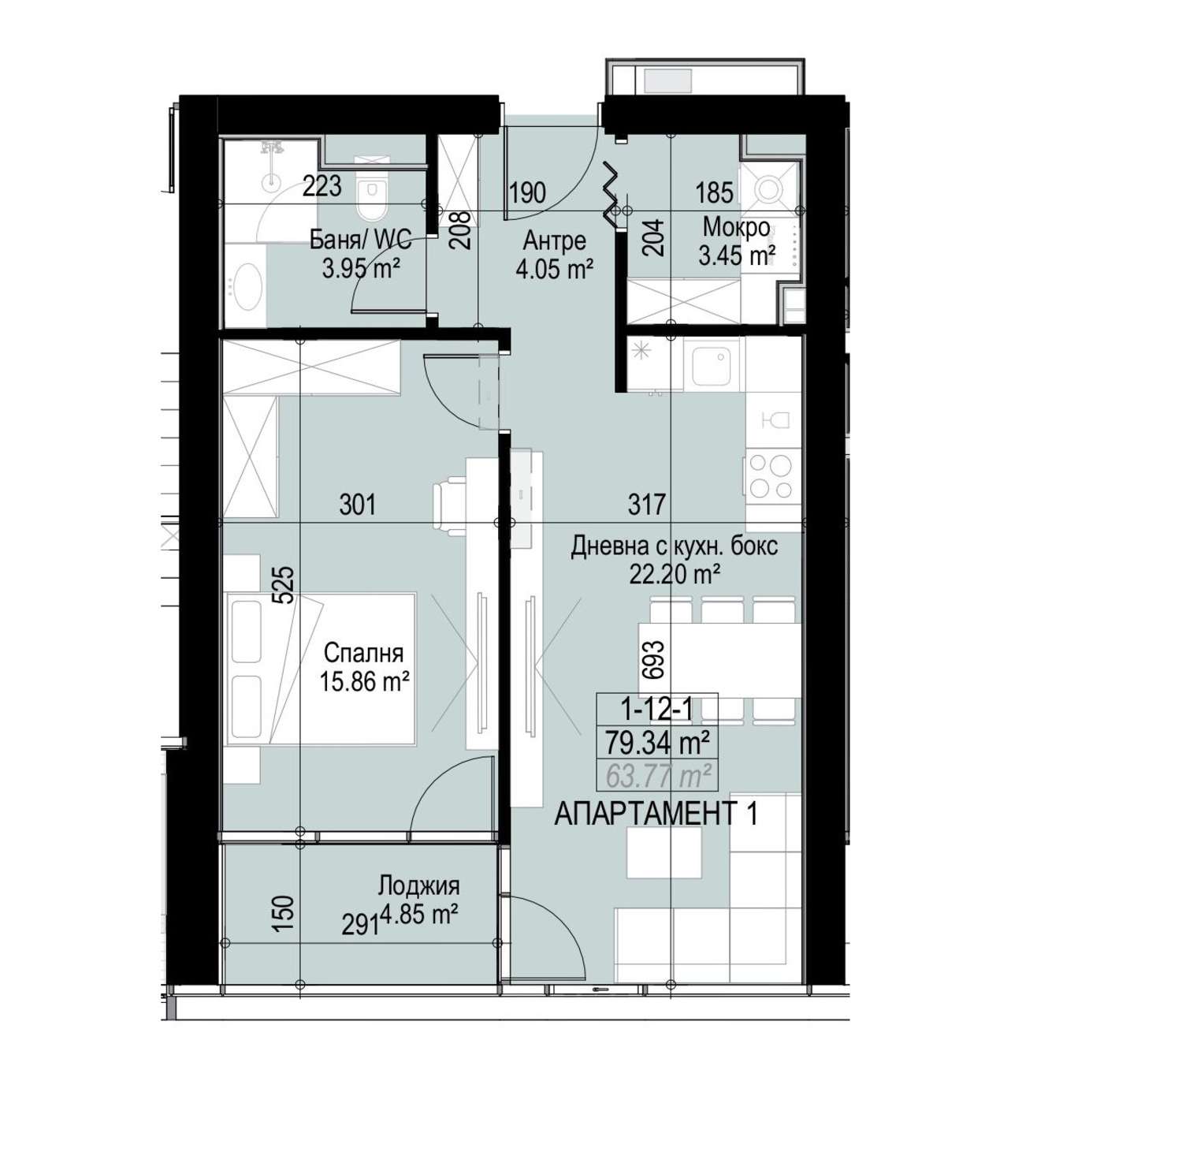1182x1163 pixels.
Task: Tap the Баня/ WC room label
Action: [x=361, y=239]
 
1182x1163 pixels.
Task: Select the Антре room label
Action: [x=554, y=240]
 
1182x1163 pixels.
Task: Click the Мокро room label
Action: [x=737, y=227]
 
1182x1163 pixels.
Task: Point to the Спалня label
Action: [x=363, y=653]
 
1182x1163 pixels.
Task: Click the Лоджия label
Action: [x=418, y=886]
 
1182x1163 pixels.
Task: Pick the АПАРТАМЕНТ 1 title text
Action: [x=656, y=814]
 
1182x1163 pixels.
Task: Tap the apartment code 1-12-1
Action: [x=657, y=710]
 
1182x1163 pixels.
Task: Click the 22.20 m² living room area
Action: [x=675, y=574]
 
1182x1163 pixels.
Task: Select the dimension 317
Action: [x=647, y=504]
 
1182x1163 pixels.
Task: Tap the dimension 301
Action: [x=358, y=504]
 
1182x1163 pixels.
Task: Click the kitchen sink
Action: [x=714, y=367]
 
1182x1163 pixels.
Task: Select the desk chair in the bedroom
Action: [x=450, y=509]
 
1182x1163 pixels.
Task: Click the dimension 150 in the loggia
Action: [x=286, y=912]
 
